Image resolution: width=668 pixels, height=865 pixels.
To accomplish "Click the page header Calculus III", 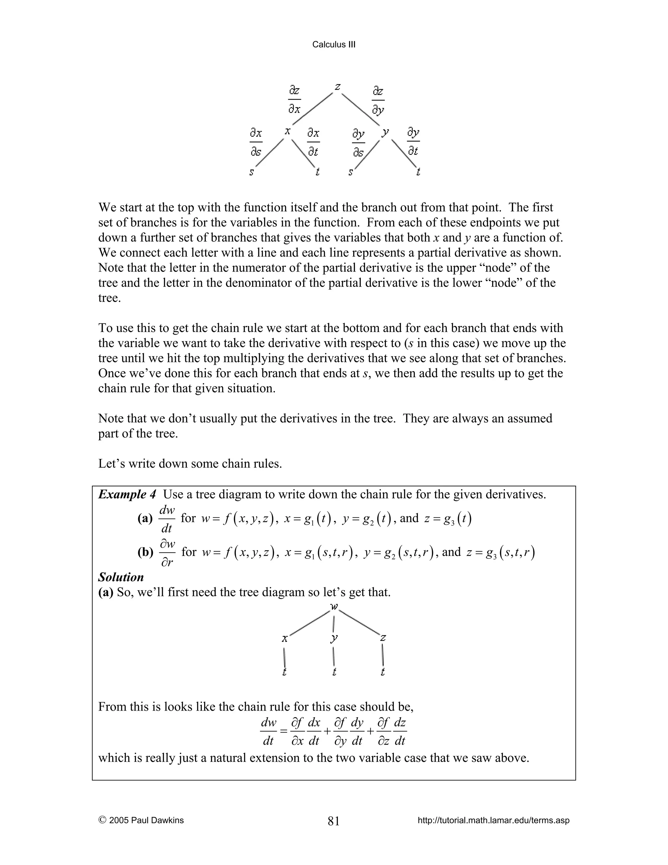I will click(x=334, y=44).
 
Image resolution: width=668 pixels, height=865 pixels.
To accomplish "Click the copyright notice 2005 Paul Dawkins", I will click(x=141, y=820).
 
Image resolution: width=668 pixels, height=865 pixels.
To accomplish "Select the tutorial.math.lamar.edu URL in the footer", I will click(x=493, y=820).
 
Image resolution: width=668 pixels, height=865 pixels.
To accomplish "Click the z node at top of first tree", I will click(x=338, y=86).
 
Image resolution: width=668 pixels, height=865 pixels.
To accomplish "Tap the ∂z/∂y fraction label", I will click(x=378, y=101).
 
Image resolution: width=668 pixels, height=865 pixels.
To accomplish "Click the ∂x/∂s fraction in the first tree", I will click(x=256, y=142).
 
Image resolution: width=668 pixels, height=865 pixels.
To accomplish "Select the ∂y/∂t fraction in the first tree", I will click(x=413, y=141).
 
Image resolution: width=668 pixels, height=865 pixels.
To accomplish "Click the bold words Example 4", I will click(x=127, y=494).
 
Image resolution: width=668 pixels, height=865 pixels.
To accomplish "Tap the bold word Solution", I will click(x=121, y=577).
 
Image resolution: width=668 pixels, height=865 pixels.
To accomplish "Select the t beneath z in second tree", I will click(x=382, y=672).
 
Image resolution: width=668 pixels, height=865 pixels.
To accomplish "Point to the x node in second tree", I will click(x=284, y=638).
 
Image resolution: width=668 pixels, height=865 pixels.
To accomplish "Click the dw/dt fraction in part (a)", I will click(x=167, y=519).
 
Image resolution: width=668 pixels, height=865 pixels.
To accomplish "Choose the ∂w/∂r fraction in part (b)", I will click(x=167, y=553).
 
